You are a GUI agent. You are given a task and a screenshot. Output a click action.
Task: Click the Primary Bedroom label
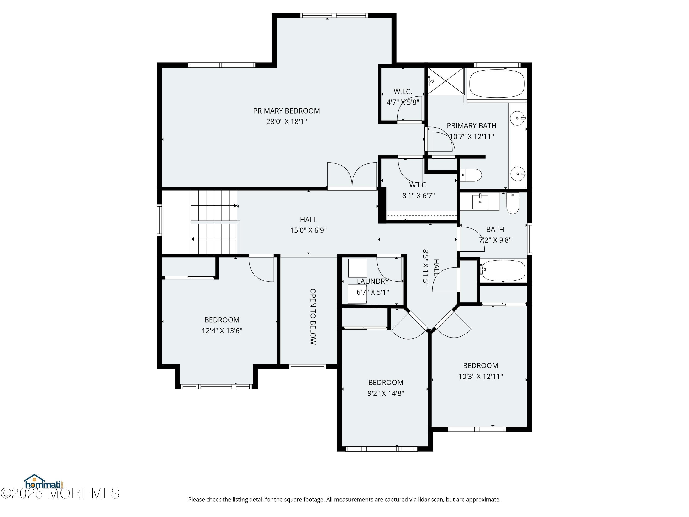(286, 111)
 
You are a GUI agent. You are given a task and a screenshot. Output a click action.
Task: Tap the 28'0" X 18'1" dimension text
(286, 122)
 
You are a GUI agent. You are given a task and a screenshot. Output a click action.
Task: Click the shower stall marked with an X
(446, 81)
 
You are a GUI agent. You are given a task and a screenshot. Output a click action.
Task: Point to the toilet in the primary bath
(471, 175)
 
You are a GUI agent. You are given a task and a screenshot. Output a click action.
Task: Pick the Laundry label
(373, 281)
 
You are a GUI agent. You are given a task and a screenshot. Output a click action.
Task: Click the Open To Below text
(313, 316)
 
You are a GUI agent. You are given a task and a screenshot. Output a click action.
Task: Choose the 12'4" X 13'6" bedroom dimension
(222, 331)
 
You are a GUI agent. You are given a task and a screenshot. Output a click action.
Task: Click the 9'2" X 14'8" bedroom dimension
(386, 393)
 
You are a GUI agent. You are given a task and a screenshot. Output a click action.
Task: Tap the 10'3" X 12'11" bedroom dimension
(480, 376)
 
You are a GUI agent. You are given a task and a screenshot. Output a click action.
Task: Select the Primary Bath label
(471, 126)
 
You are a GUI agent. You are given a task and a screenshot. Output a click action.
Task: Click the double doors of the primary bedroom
(352, 176)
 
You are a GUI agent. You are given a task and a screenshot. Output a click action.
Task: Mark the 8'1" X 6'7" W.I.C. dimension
(418, 196)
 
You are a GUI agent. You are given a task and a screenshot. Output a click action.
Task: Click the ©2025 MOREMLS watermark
(60, 494)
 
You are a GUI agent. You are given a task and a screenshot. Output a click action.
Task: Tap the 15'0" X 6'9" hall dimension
(308, 230)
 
